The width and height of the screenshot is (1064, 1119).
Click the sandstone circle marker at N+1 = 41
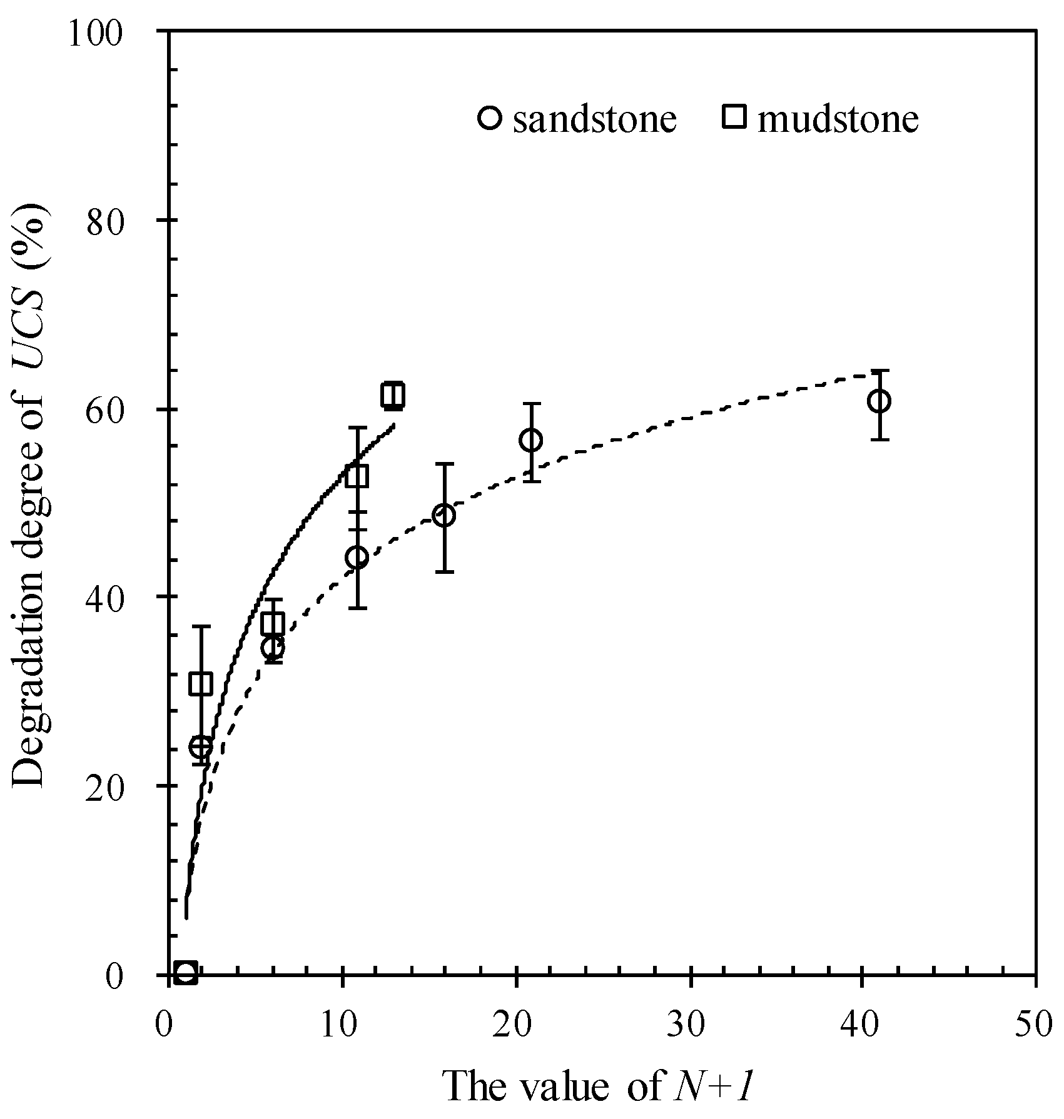click(879, 401)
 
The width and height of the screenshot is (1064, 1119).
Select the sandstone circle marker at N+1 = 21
click(531, 440)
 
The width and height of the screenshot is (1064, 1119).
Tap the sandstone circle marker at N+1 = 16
click(444, 516)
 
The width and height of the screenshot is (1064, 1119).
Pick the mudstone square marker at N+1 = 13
click(392, 396)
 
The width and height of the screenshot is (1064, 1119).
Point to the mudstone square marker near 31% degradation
click(201, 685)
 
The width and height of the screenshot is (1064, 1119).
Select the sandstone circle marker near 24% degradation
click(201, 746)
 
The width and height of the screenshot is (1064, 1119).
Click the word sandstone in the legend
click(594, 119)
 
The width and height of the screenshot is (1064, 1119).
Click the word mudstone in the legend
click(838, 119)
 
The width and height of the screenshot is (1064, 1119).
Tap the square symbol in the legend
click(734, 117)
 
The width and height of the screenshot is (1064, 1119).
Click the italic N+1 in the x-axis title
click(714, 1086)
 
